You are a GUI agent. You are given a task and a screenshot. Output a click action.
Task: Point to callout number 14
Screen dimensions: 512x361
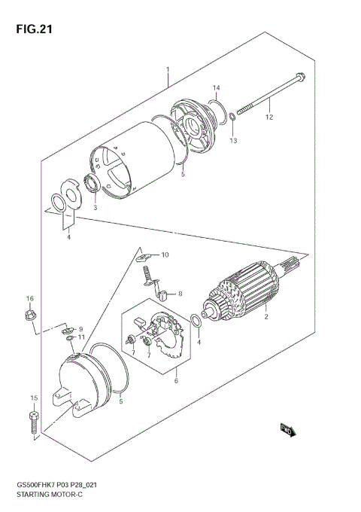pyautogui.click(x=215, y=88)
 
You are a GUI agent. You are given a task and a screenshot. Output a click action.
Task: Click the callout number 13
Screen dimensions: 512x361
pyautogui.click(x=233, y=141)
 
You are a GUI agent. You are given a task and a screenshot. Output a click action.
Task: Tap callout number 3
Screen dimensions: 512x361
pyautogui.click(x=96, y=206)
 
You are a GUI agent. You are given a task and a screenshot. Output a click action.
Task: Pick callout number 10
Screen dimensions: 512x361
pyautogui.click(x=165, y=255)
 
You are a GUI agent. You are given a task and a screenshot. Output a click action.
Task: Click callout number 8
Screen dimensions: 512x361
pyautogui.click(x=180, y=294)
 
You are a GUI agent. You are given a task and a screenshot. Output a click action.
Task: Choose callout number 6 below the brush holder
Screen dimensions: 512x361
pyautogui.click(x=176, y=381)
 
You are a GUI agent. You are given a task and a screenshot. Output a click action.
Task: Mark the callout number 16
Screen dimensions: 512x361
pyautogui.click(x=30, y=299)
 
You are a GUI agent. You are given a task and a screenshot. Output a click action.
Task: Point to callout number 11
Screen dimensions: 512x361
pyautogui.click(x=82, y=338)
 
